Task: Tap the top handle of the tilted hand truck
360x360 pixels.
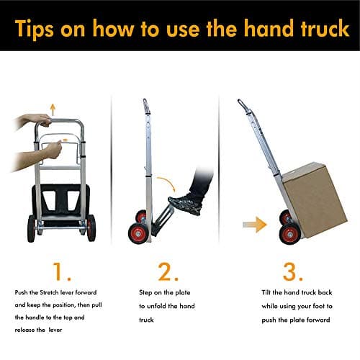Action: click(x=244, y=107)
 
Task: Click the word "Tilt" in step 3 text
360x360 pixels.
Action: click(x=267, y=293)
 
